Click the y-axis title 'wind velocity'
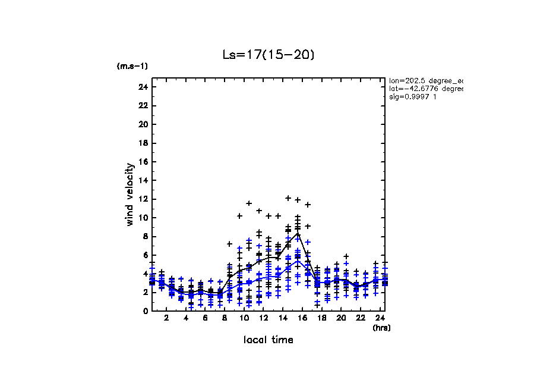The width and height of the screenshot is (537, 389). click(x=129, y=194)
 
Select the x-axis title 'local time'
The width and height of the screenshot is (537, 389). click(x=268, y=340)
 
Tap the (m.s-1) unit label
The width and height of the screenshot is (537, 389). click(x=132, y=66)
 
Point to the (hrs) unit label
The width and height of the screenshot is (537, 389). click(x=381, y=328)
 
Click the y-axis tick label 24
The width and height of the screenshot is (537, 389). click(x=143, y=87)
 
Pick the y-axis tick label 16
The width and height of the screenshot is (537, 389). click(x=143, y=162)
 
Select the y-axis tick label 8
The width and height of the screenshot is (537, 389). click(x=144, y=236)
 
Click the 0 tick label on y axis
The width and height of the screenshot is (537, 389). click(x=144, y=310)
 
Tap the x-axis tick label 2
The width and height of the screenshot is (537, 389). click(x=166, y=318)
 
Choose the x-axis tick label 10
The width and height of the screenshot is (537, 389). click(x=244, y=318)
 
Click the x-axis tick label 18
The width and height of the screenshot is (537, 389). click(x=321, y=318)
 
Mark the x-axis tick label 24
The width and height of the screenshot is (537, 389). click(x=380, y=318)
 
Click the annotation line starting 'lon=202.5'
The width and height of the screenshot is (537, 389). click(x=425, y=80)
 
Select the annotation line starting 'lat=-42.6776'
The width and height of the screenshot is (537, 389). click(x=425, y=88)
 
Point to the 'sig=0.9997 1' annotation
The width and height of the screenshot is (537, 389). click(x=413, y=96)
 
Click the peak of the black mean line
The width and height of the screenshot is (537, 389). click(x=298, y=233)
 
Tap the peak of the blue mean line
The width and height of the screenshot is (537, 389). click(x=298, y=261)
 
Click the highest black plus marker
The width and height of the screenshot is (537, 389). click(x=288, y=198)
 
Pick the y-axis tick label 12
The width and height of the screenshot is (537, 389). click(x=143, y=199)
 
